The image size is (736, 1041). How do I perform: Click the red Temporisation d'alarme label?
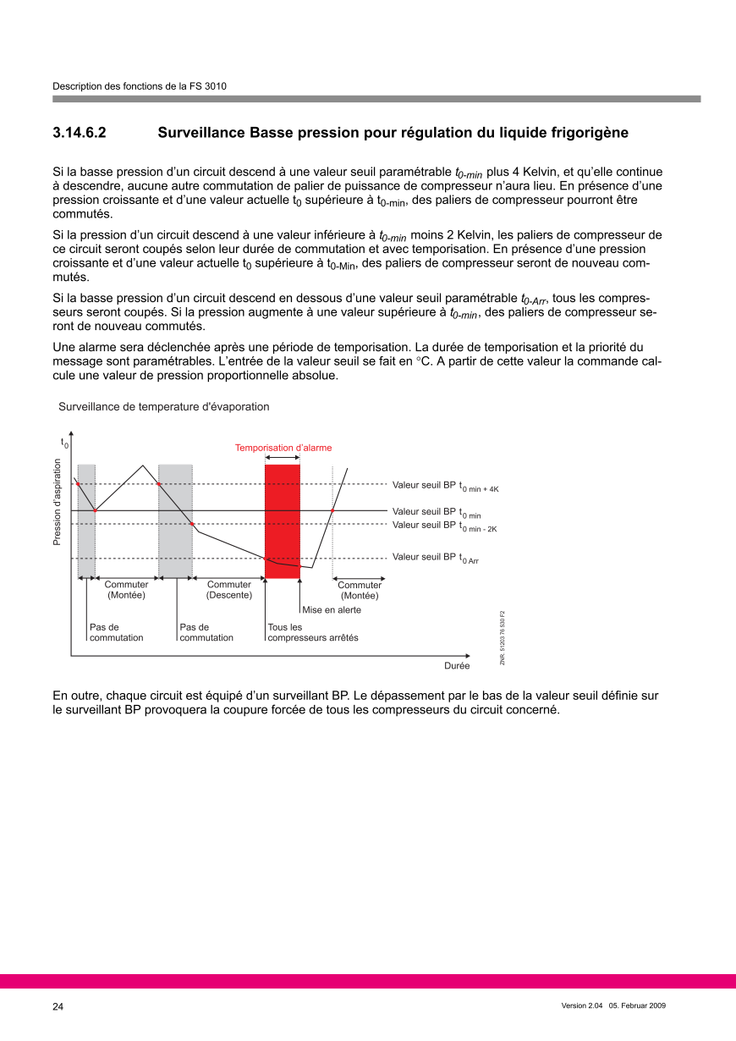tap(283, 448)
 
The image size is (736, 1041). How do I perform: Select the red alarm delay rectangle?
tap(283, 520)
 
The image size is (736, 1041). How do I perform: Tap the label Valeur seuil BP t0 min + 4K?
tap(445, 486)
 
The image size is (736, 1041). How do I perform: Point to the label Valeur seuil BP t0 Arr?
tap(436, 558)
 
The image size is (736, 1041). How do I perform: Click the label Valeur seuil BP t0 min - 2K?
tap(444, 526)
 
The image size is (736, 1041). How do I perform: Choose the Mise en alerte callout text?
tap(332, 609)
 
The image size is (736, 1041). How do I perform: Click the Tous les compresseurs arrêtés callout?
tap(312, 632)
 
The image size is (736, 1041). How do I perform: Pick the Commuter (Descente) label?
tap(229, 590)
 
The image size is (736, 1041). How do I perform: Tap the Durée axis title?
tap(457, 666)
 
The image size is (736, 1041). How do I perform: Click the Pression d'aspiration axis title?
tap(58, 502)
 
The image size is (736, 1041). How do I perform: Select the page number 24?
tap(58, 1006)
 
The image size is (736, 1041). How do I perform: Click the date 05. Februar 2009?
tap(638, 1005)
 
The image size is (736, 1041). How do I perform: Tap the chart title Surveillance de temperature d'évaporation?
tap(164, 407)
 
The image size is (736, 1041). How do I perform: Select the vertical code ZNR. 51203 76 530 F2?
tap(503, 637)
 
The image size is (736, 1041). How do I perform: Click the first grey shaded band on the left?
tap(86, 520)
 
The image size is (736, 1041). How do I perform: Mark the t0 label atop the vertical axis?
tap(64, 443)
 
